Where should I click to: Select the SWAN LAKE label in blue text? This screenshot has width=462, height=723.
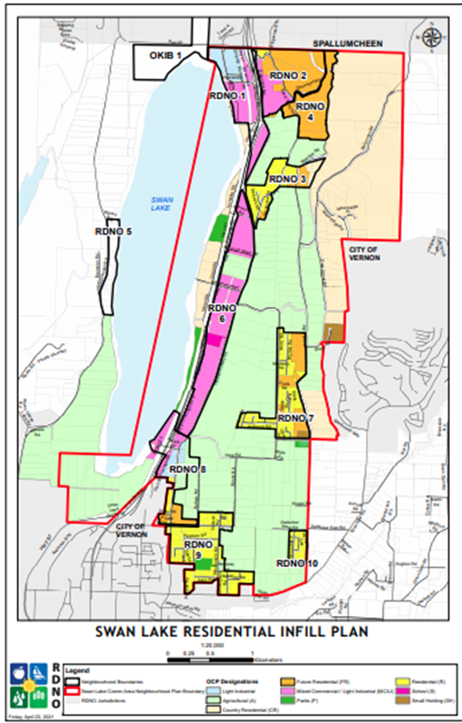coord(161,204)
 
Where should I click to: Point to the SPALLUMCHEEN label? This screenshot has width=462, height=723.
coord(348,44)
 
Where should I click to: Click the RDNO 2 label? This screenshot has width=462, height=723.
coord(289,76)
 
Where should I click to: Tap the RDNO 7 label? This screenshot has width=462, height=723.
coord(296,418)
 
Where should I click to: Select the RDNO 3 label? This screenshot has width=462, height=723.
coord(288,178)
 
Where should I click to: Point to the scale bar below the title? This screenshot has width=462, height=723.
coord(210,660)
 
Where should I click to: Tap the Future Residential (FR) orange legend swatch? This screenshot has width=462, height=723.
coord(288,681)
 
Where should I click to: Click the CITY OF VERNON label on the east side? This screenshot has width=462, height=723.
coord(361,253)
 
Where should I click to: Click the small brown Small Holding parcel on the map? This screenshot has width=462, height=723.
coord(333,333)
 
